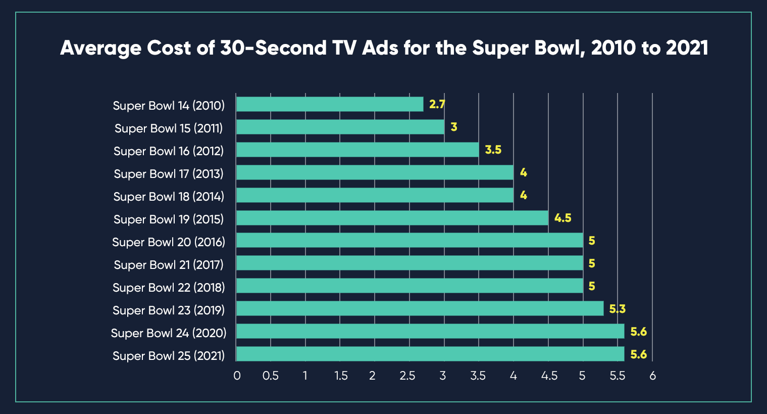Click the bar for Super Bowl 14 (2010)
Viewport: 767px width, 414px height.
330,104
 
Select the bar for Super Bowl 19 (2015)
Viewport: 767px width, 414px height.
392,218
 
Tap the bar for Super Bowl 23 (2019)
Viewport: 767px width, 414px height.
420,308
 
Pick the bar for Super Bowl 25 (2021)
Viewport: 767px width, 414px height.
430,354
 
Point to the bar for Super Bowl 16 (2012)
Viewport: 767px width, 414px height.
357,150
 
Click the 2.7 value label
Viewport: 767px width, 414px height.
437,104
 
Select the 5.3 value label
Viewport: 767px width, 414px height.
617,309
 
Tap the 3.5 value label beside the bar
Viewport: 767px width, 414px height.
493,150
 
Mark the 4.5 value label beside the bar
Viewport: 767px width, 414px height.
563,218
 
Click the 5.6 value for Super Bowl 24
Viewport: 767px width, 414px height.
638,332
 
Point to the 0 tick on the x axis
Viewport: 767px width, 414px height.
237,376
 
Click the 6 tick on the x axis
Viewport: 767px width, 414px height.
652,376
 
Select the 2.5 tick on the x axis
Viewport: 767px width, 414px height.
407,376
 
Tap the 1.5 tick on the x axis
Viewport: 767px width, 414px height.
341,376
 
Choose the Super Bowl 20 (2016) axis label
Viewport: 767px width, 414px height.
169,242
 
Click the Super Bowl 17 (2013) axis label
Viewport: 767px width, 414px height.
169,174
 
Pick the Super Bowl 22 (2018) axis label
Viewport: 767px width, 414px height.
169,288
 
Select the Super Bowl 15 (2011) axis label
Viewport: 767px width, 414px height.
169,128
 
